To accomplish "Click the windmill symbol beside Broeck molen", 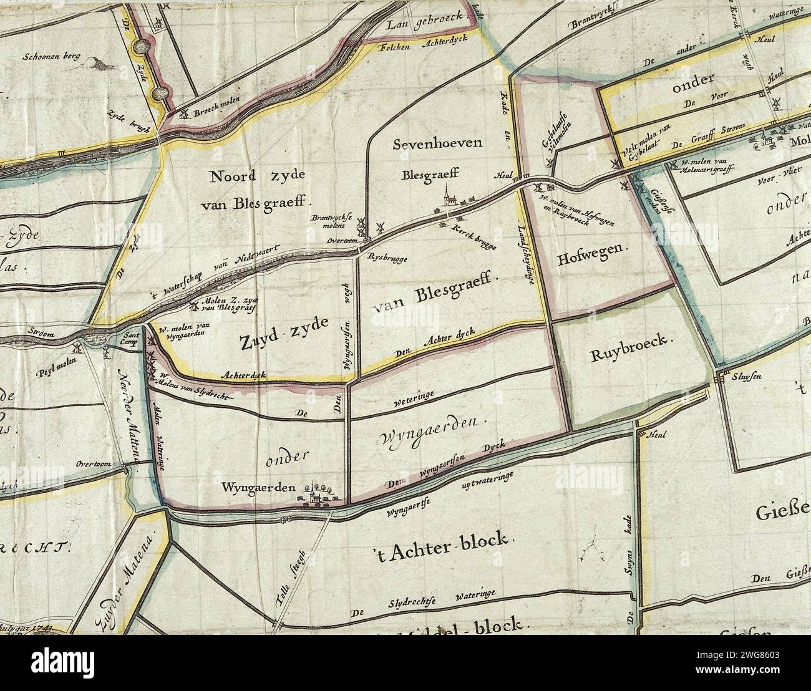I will coord(184,113).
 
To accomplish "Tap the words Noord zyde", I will coord(256,176).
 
